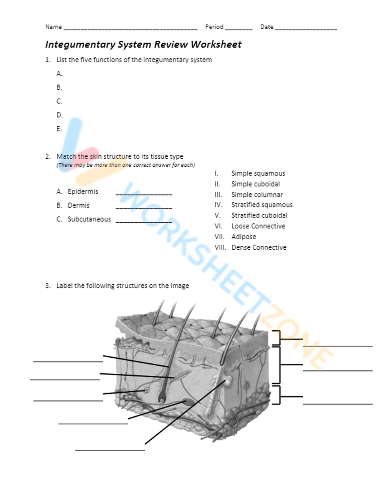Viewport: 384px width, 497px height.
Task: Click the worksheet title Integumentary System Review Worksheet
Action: (143, 45)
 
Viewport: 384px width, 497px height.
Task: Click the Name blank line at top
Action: (130, 28)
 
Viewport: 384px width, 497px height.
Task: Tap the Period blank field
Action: (238, 28)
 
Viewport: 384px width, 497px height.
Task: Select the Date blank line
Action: (306, 28)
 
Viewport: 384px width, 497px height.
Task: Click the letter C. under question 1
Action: (59, 101)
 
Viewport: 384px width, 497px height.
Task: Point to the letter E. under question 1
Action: (59, 129)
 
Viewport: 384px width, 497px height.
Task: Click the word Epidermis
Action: (83, 192)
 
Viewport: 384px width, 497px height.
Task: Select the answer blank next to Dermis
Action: (144, 208)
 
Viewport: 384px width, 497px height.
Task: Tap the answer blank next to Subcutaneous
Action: (144, 222)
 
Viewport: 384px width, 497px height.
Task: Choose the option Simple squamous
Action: (258, 174)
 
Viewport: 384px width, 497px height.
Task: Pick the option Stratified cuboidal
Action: (259, 215)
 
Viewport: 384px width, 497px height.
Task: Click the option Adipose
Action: (243, 237)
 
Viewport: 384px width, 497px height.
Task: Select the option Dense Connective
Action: (259, 248)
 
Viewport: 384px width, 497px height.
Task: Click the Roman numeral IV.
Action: (218, 205)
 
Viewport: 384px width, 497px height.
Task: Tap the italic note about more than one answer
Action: (126, 165)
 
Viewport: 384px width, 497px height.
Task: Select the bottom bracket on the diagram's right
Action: (277, 396)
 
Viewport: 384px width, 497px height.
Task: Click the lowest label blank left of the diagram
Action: (110, 449)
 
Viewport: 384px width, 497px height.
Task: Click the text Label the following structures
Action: (122, 286)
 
